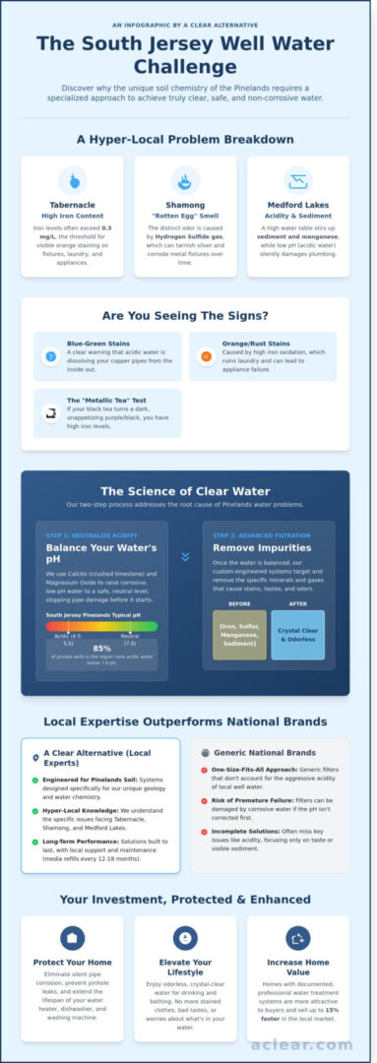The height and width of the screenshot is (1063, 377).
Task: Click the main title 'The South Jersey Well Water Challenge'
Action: coord(188,56)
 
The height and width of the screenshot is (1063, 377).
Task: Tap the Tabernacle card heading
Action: coord(72,205)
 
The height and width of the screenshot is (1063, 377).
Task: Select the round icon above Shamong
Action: coord(185,180)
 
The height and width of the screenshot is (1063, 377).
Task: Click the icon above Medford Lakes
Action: coord(298,180)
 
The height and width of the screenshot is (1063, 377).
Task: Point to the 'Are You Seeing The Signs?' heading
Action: coord(188,316)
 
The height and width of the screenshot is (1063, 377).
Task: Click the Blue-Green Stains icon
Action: coord(50,355)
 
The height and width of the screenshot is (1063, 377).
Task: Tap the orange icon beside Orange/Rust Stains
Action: coord(206,355)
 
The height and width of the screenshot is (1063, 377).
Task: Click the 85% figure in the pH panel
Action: coord(101,648)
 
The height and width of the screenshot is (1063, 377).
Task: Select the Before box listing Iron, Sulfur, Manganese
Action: coord(240,635)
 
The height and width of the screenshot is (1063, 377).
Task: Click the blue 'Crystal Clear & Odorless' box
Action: coord(297,635)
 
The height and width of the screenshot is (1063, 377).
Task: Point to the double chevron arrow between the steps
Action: coord(185,556)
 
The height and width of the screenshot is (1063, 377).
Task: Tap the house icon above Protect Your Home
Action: coord(72,937)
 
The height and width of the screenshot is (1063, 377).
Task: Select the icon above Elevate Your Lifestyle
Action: coord(185,937)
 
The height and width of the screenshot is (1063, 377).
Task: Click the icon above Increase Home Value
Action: coord(298,937)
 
